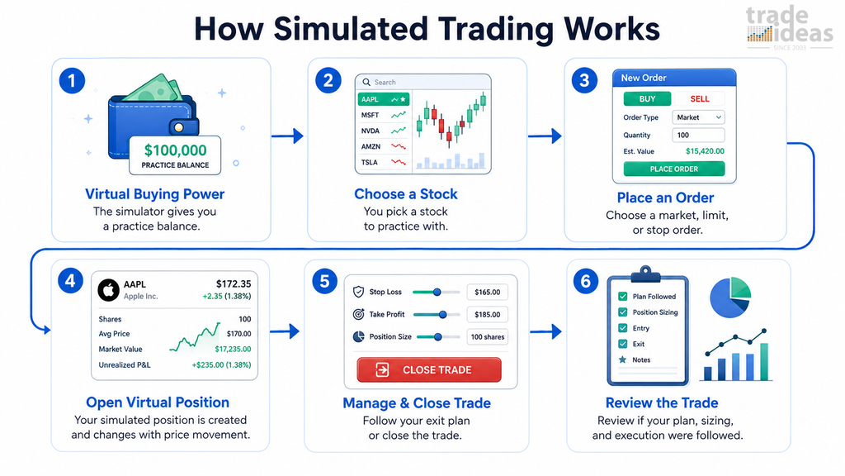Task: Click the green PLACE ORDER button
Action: click(673, 169)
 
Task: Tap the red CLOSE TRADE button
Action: click(429, 369)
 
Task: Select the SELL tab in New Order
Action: click(700, 99)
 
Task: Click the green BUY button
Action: click(647, 99)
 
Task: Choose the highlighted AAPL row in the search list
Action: click(383, 99)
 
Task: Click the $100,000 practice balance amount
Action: click(175, 150)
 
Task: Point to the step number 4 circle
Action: click(71, 281)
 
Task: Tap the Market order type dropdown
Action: click(698, 117)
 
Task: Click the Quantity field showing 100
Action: click(698, 135)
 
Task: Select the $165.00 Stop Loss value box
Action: click(487, 292)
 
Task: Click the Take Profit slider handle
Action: click(442, 315)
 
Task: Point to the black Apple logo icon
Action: click(108, 290)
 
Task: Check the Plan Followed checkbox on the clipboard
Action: click(623, 297)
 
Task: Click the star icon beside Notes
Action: click(623, 359)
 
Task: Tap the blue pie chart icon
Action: click(730, 297)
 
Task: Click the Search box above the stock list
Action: click(423, 82)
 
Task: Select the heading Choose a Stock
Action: click(406, 193)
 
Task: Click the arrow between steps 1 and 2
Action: click(287, 136)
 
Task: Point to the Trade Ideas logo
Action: click(790, 28)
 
